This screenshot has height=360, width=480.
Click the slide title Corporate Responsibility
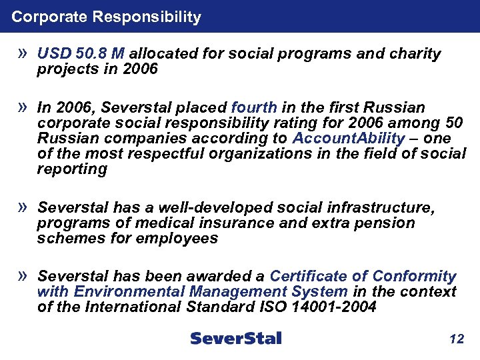106,17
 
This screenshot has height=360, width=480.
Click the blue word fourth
253,108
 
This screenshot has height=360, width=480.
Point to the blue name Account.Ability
348,139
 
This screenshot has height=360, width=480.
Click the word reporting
72,169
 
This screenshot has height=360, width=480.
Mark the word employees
177,239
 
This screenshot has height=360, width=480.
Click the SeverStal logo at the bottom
236,338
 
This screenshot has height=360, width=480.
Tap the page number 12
456,339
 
